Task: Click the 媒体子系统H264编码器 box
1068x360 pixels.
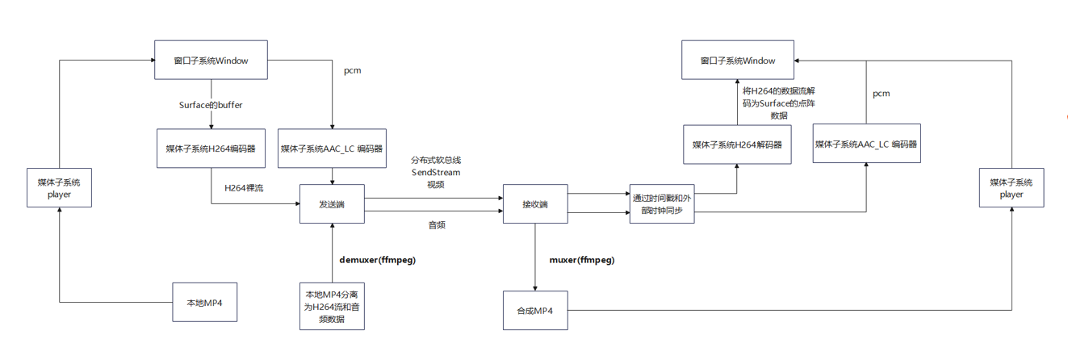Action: click(x=211, y=149)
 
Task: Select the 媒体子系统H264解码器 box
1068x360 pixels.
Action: click(x=737, y=144)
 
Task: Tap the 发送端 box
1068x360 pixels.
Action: click(x=332, y=205)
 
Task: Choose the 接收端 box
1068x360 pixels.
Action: click(x=535, y=205)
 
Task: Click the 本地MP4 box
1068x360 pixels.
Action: click(x=205, y=303)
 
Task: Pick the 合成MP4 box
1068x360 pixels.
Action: click(x=535, y=310)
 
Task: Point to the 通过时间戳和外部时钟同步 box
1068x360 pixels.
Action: click(x=661, y=204)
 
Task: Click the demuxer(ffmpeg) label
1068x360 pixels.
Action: click(x=377, y=260)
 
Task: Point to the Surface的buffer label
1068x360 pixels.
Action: click(x=211, y=105)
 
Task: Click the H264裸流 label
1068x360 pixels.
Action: click(x=244, y=188)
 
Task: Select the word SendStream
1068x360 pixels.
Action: click(x=436, y=172)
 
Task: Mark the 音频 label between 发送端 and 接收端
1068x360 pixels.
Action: click(x=436, y=225)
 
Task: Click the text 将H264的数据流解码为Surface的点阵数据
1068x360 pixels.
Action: click(x=779, y=103)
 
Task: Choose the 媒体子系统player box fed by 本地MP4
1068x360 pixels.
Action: click(x=60, y=188)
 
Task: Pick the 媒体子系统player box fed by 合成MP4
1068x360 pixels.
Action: click(x=1011, y=188)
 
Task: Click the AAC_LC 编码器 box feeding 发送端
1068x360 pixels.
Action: click(x=332, y=149)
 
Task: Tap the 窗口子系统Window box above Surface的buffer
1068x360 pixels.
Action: click(x=211, y=61)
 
